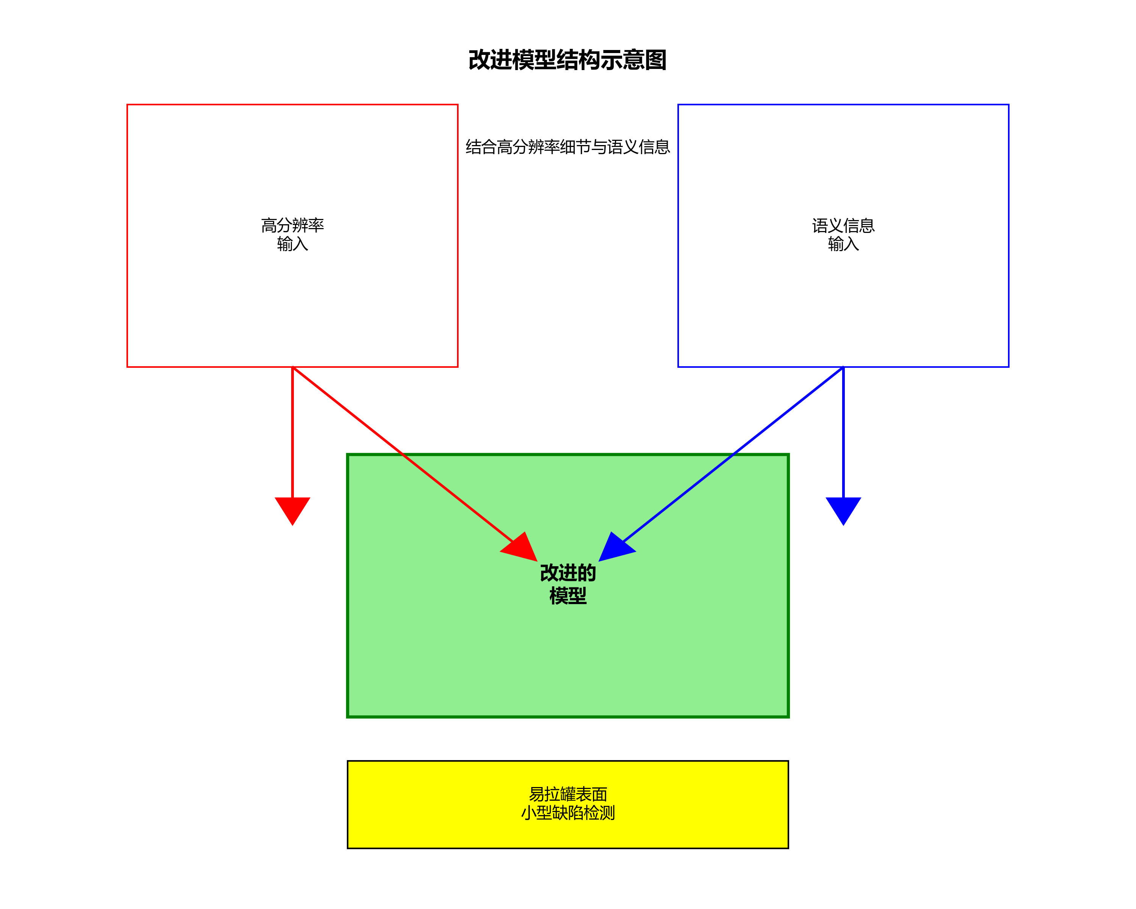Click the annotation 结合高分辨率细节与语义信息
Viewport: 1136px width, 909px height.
(568, 147)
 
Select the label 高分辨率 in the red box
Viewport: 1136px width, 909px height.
(292, 225)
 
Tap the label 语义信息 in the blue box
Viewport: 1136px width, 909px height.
(843, 225)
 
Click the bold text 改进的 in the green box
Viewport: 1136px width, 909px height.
(568, 573)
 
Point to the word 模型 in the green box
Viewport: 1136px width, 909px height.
(568, 596)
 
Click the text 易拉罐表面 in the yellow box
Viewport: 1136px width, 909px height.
(568, 794)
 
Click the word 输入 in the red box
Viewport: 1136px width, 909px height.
(292, 244)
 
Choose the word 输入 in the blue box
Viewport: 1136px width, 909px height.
(843, 244)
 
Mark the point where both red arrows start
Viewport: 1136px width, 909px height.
(292, 367)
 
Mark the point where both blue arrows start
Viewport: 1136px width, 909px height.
(843, 367)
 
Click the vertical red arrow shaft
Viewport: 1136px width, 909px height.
(292, 432)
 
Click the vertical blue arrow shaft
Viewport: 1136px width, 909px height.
(843, 432)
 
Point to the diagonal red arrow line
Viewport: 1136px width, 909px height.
(403, 454)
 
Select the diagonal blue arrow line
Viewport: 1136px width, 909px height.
(732, 454)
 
